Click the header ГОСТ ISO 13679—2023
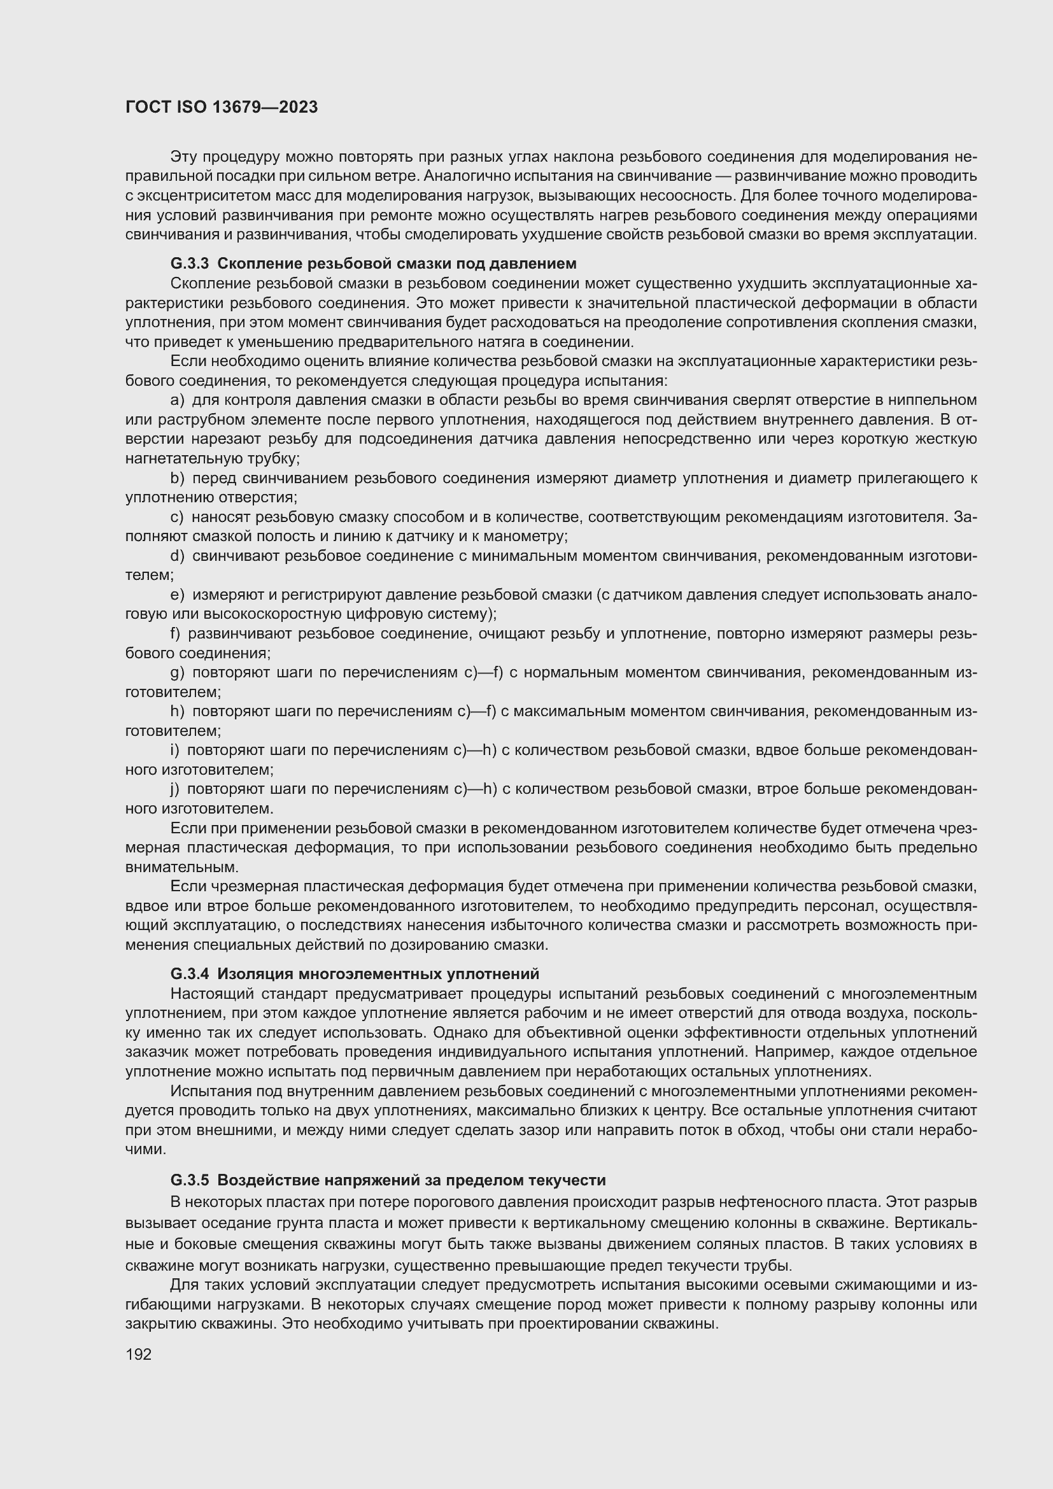point(222,107)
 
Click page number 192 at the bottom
point(138,1353)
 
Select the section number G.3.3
point(189,264)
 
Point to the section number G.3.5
point(189,1180)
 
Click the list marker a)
point(177,400)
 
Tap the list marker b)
point(177,478)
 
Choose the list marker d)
point(177,556)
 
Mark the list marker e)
point(177,595)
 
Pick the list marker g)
point(177,672)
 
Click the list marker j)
point(174,789)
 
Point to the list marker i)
point(174,751)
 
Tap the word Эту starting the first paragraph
point(183,157)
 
